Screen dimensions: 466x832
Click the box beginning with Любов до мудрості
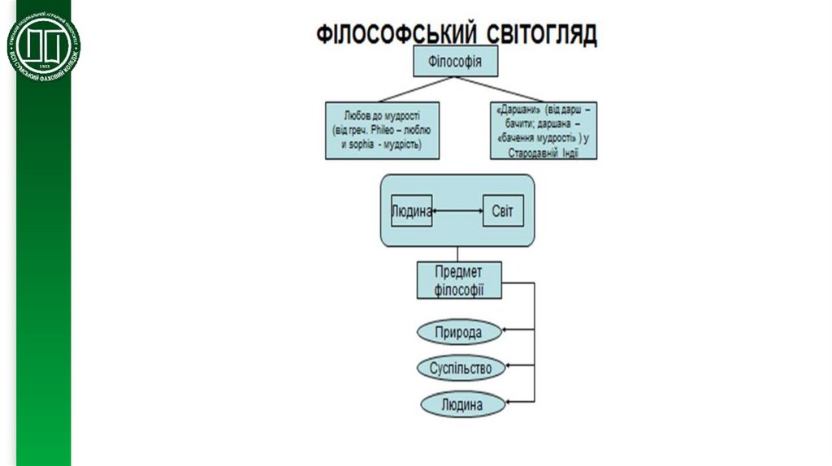(x=381, y=130)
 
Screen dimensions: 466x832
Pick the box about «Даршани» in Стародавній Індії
(x=544, y=130)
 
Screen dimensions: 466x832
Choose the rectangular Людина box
(x=411, y=212)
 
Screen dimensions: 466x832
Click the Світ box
(x=504, y=212)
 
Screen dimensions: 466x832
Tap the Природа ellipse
(x=459, y=332)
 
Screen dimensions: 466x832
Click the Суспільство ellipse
(x=461, y=368)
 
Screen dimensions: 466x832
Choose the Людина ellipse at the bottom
(x=461, y=403)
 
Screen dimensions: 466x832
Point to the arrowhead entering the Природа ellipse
(x=506, y=330)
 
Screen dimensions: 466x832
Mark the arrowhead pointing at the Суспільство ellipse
(x=507, y=366)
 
